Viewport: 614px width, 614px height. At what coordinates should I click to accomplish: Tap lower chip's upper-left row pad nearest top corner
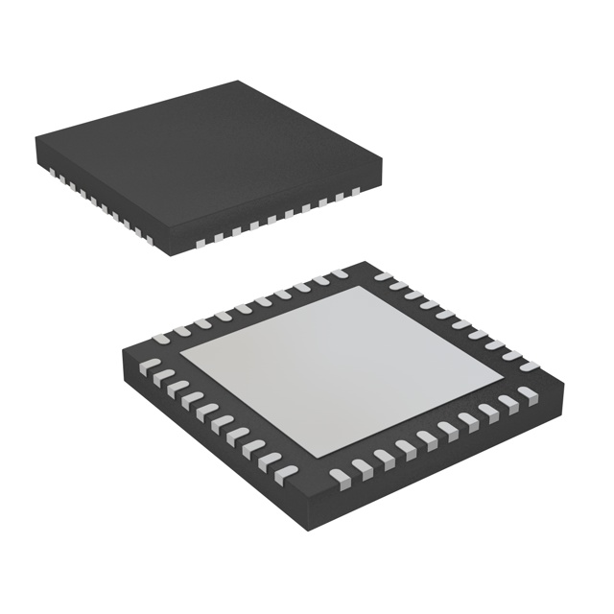(x=341, y=275)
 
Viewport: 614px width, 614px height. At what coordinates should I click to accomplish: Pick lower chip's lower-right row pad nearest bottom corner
(x=338, y=473)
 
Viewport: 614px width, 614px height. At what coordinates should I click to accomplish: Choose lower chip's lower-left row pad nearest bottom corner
(x=288, y=471)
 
